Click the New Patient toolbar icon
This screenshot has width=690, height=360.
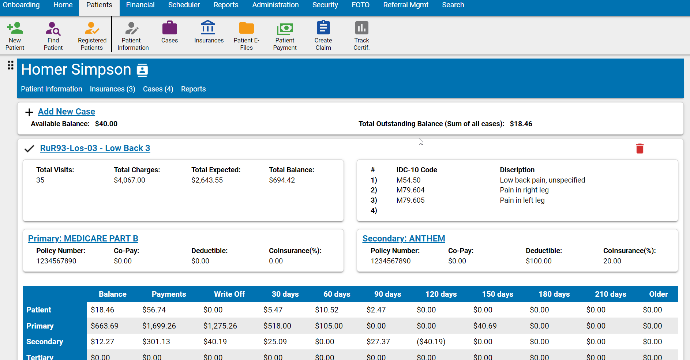click(x=15, y=29)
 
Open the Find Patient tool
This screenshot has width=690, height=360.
click(x=53, y=29)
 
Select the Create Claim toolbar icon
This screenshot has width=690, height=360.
click(x=323, y=28)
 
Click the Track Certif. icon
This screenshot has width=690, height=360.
click(x=361, y=28)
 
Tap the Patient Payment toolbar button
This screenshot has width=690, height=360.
click(x=285, y=29)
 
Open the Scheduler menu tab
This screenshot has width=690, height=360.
click(x=184, y=5)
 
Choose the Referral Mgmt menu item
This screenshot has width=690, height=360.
click(x=406, y=5)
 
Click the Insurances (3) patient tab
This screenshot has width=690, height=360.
click(x=112, y=89)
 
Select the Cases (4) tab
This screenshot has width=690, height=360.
click(x=158, y=89)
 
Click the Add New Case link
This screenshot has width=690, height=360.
click(x=66, y=112)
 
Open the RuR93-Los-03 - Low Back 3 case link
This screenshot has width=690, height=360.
click(x=95, y=148)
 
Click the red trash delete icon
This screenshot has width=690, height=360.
click(x=640, y=149)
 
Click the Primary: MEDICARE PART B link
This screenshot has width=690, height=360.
click(x=83, y=239)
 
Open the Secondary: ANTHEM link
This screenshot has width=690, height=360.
click(x=404, y=239)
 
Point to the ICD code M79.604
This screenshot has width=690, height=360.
click(x=410, y=190)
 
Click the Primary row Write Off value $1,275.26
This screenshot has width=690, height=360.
click(x=220, y=326)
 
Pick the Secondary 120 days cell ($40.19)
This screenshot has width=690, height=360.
click(x=431, y=342)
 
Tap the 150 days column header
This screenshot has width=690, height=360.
click(x=498, y=294)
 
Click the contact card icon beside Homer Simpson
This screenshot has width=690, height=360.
click(x=142, y=70)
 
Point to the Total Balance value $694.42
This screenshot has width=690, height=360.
click(x=282, y=180)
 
